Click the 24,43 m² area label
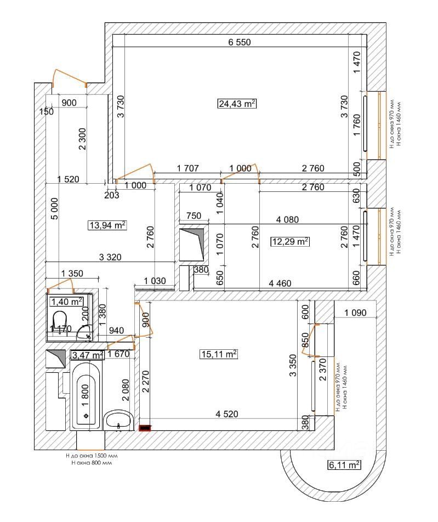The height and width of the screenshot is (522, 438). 237,104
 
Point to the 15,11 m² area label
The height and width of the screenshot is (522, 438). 219,354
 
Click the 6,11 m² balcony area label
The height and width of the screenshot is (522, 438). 344,465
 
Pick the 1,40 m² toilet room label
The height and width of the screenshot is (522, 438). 66,301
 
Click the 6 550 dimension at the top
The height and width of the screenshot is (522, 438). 239,43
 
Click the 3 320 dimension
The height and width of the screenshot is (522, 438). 110,256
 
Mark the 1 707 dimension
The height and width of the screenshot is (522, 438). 187,169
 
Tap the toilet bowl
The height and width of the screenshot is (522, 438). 59,320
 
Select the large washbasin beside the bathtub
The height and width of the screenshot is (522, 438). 118,421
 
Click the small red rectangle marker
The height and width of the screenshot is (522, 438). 145,427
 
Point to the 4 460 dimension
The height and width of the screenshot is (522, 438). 280,283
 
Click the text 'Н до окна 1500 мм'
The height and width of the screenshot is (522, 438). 91,455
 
